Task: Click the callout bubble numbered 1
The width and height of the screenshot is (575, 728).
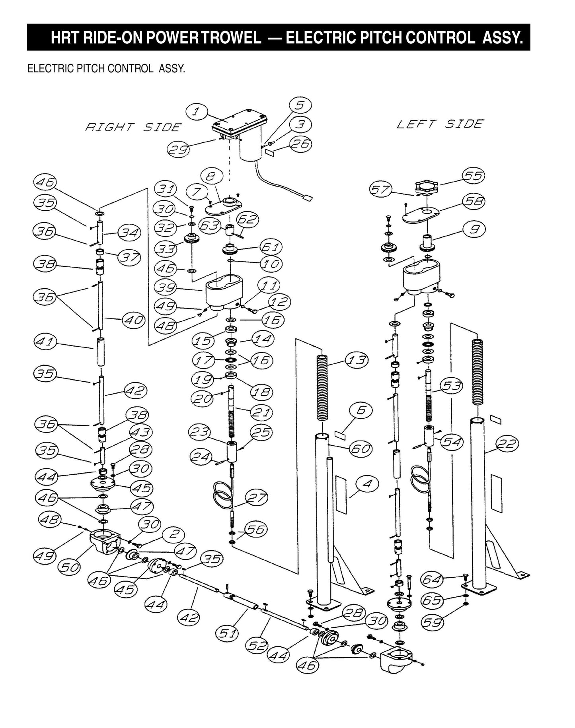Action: (195, 112)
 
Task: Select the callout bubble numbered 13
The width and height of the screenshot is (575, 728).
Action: (357, 360)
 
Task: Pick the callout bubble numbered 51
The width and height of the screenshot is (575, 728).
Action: (227, 633)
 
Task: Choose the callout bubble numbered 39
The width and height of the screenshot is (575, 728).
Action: (166, 287)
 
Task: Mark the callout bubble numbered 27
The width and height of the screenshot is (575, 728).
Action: (256, 497)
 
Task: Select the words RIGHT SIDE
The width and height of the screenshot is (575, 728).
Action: (133, 127)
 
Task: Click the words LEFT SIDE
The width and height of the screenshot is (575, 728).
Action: (440, 124)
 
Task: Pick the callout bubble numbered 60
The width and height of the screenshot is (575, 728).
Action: (360, 449)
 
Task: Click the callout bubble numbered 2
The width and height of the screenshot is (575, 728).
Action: (173, 534)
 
